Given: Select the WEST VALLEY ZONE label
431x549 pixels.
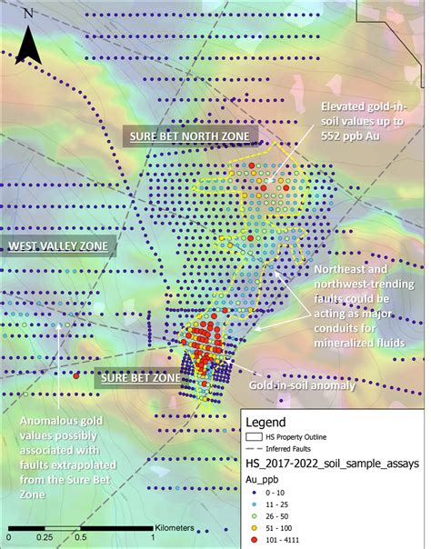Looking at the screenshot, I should (x=58, y=246).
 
